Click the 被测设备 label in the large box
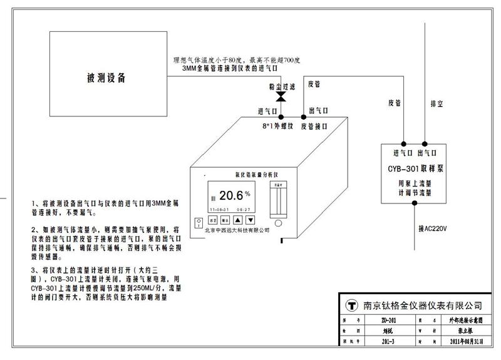coord(106,79)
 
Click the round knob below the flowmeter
coord(277,222)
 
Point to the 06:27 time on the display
coord(243,209)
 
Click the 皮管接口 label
coord(316,125)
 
